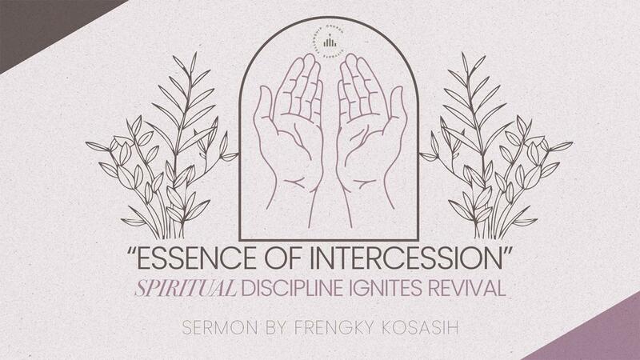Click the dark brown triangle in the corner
pos(32,20)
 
